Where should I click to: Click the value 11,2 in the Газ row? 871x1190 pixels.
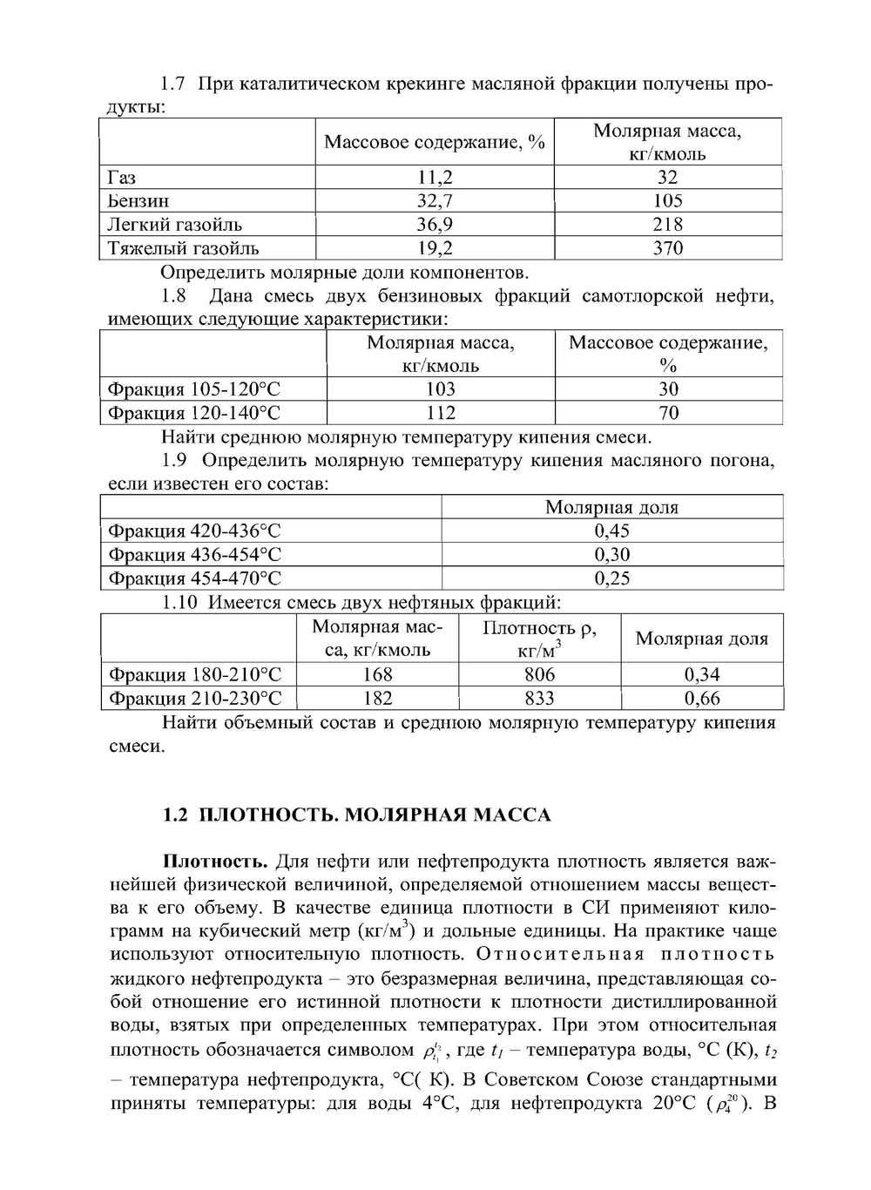[435, 178]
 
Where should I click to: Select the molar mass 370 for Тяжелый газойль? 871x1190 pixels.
[668, 248]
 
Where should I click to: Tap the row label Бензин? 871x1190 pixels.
[138, 201]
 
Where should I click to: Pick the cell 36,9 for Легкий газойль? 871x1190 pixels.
[435, 225]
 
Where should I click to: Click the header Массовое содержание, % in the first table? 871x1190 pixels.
[435, 142]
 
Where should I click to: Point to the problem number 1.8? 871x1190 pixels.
[174, 296]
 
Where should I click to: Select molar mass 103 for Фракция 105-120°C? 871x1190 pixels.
[441, 389]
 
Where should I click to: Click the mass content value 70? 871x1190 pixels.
[668, 413]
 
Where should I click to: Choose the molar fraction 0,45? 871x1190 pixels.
[611, 531]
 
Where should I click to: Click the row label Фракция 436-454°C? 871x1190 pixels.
[194, 555]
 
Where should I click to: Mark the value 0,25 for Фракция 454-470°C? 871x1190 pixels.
[611, 578]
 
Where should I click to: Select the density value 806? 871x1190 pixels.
[539, 674]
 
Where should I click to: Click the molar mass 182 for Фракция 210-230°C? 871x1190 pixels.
[377, 698]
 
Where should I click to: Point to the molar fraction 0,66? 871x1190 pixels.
[701, 698]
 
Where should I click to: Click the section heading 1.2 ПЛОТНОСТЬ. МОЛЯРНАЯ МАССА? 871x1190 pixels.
[357, 815]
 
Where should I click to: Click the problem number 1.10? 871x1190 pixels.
[180, 603]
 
